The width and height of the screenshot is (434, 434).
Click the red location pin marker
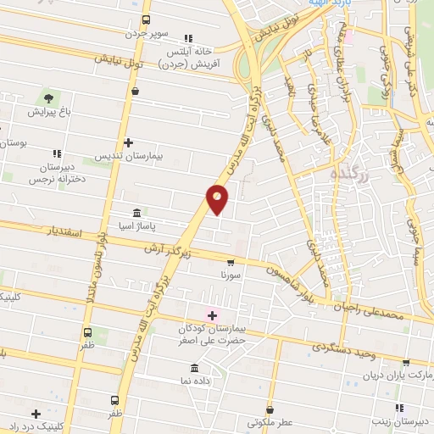(x=217, y=198)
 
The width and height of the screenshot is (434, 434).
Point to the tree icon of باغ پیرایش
(x=47, y=97)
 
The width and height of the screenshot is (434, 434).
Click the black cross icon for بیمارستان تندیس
(x=127, y=142)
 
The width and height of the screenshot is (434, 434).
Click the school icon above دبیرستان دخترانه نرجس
(x=57, y=153)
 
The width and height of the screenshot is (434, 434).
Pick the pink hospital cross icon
(x=212, y=315)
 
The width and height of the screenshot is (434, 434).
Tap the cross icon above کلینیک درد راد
(x=36, y=413)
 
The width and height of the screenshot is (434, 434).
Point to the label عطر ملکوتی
(x=269, y=421)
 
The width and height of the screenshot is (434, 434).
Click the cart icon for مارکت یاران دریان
(x=405, y=362)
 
